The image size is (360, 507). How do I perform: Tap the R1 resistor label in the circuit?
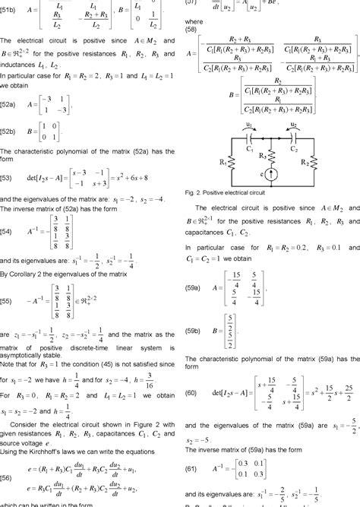click(200, 161)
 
